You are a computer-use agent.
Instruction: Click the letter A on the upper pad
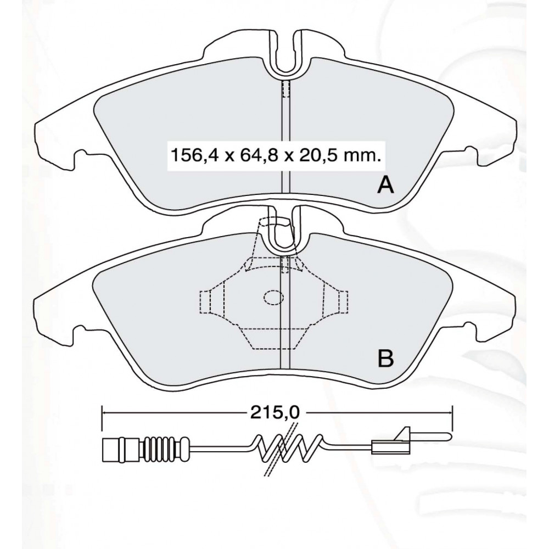385,185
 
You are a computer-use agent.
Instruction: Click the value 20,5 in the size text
313,154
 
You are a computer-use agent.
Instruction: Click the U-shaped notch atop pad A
286,53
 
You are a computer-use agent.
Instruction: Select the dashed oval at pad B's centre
273,297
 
